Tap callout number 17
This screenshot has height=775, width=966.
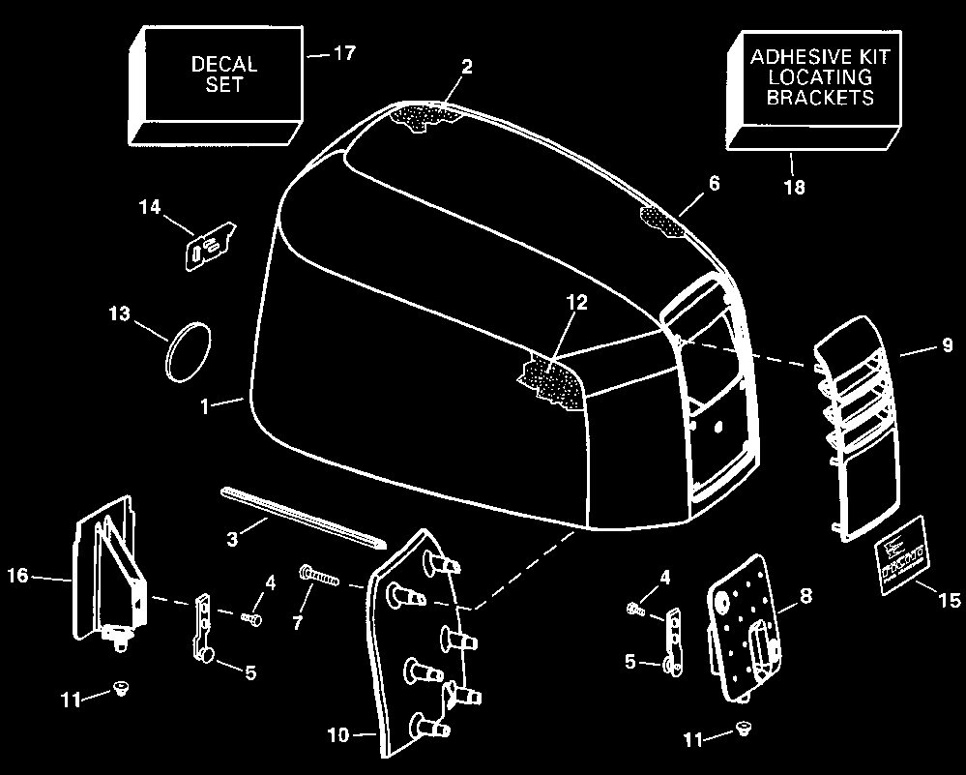tap(343, 53)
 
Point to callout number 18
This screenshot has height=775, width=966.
tap(793, 187)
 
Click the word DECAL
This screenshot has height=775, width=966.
tap(224, 65)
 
